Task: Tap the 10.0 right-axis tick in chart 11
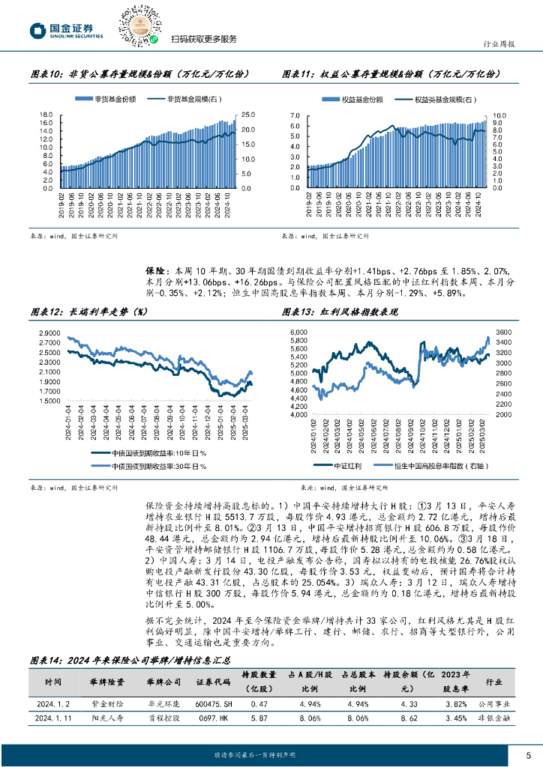[499, 115]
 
